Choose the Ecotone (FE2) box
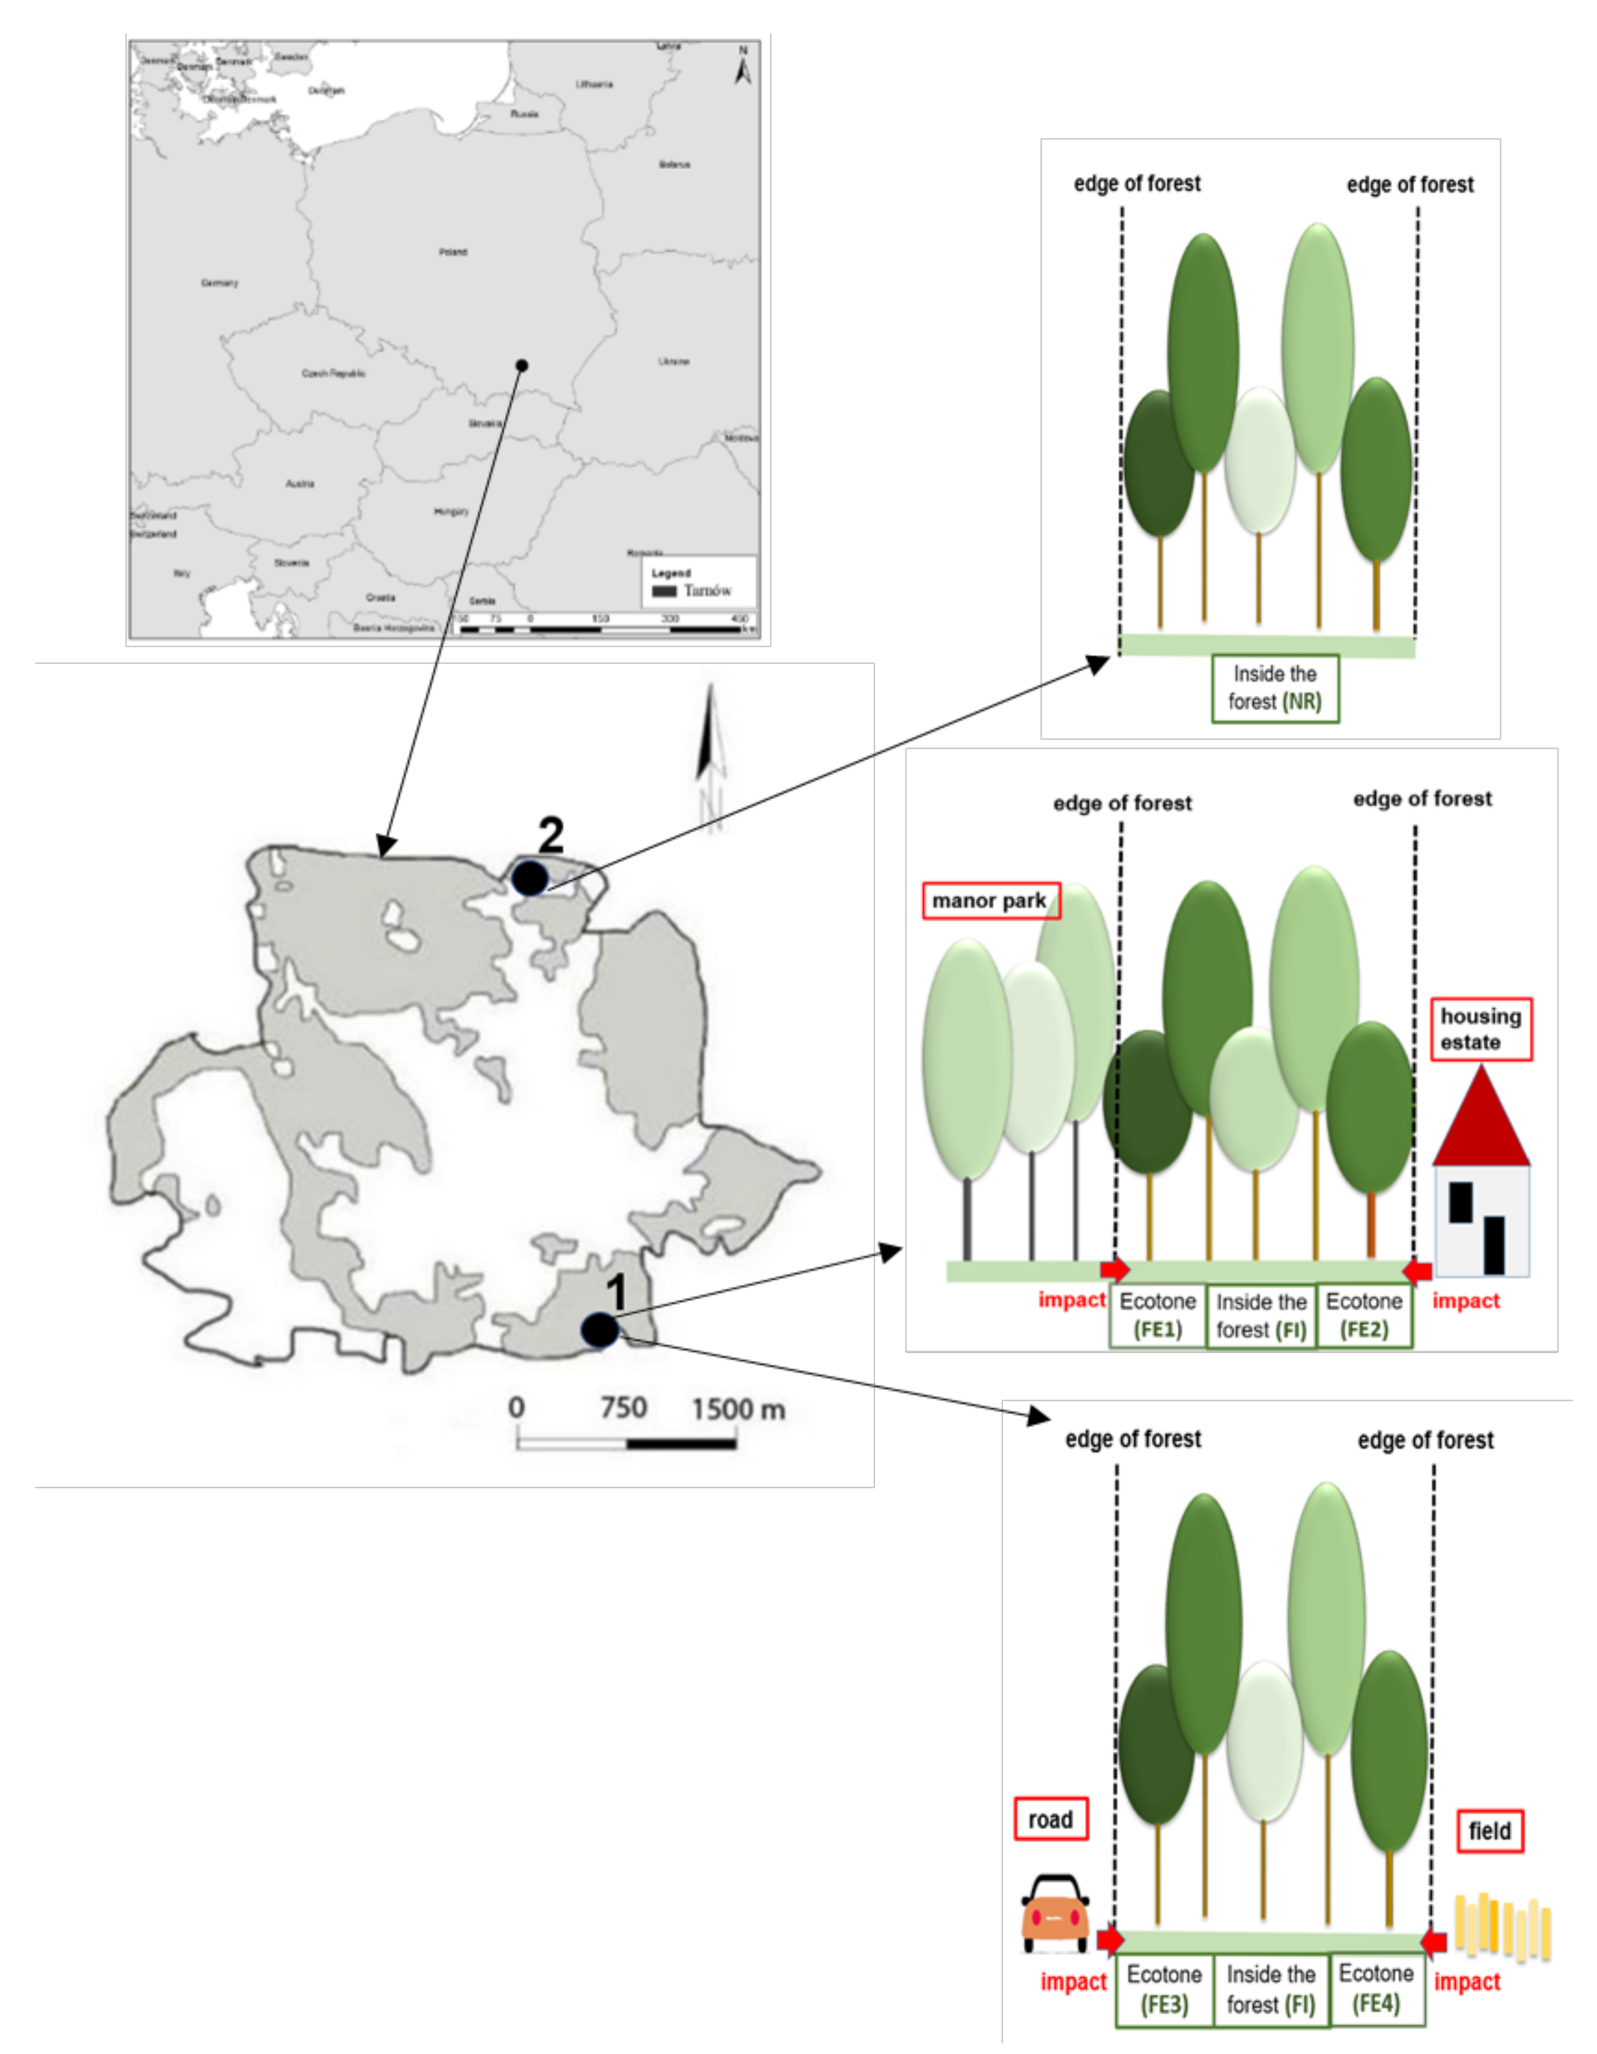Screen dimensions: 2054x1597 pyautogui.click(x=1364, y=1315)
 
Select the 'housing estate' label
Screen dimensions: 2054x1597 pyautogui.click(x=1481, y=1029)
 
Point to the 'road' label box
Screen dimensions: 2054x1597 pyautogui.click(x=1051, y=1819)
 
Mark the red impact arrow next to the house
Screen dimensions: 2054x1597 pyautogui.click(x=1417, y=1272)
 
